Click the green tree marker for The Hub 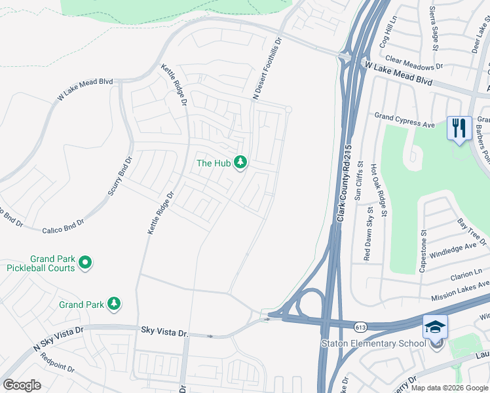point(240,162)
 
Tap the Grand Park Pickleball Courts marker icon point(85,263)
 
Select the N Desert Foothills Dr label point(267,69)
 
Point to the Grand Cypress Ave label point(405,121)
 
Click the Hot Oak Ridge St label point(379,190)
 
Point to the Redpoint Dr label point(57,362)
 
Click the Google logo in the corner point(22,385)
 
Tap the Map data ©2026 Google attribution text point(449,388)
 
